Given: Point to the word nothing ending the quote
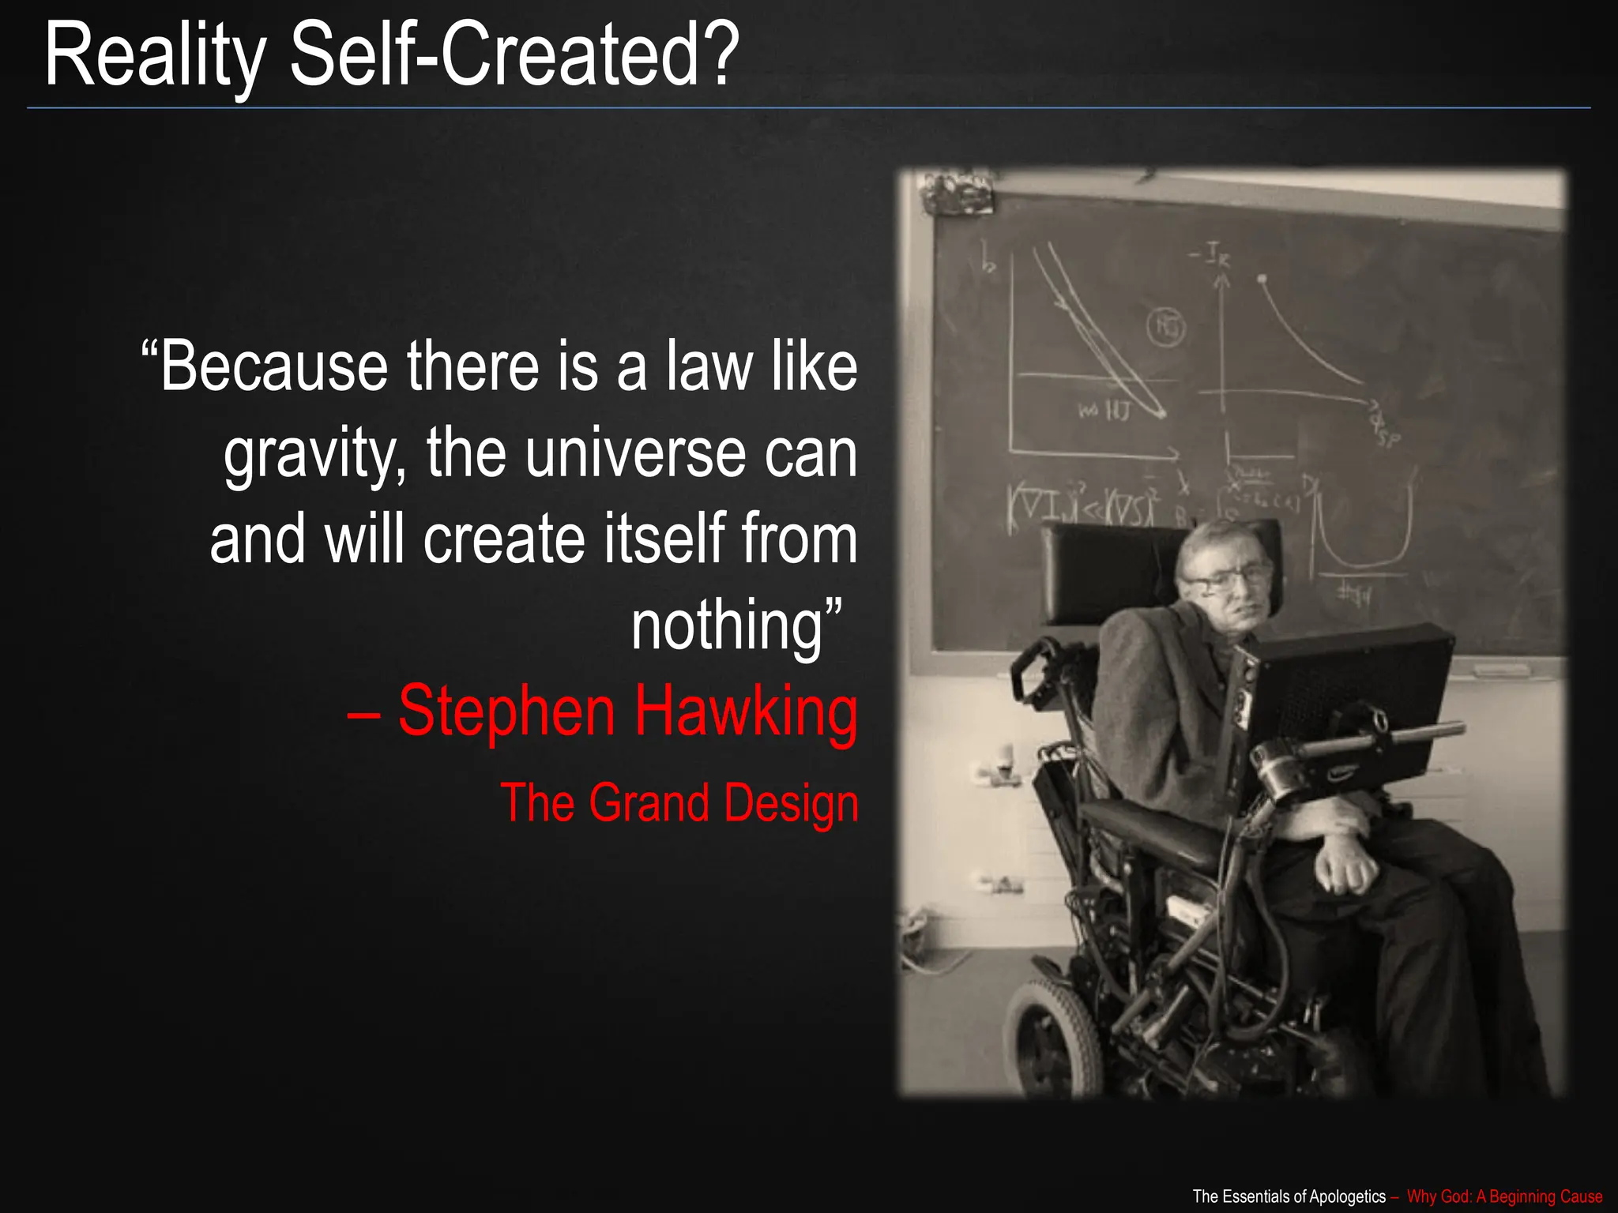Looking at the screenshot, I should (727, 625).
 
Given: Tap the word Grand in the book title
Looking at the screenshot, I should (649, 803).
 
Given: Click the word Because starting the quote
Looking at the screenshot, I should (273, 367).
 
